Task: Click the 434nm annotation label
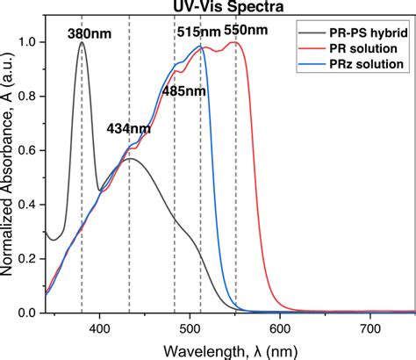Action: pyautogui.click(x=128, y=128)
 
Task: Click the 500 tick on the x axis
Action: pyautogui.click(x=190, y=326)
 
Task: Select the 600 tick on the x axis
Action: pyautogui.click(x=280, y=326)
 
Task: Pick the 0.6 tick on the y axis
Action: pyautogui.click(x=31, y=150)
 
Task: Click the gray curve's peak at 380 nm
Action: pyautogui.click(x=82, y=43)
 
